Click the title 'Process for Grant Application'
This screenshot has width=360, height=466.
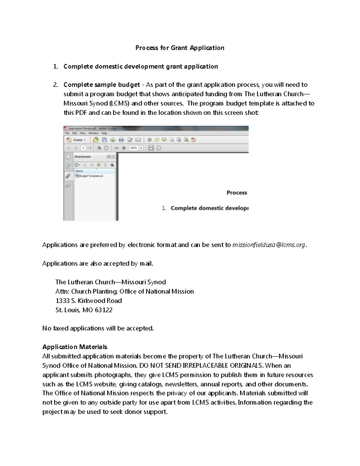[180, 48]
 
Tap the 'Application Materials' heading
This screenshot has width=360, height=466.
[75, 347]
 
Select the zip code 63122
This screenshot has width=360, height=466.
[103, 310]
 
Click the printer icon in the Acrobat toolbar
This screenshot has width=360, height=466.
[121, 140]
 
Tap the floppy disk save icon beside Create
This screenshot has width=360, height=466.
[104, 140]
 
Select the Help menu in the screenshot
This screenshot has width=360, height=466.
[104, 133]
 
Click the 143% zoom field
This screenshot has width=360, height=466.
[133, 148]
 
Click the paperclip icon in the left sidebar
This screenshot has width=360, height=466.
[68, 176]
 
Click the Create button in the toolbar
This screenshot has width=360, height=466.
[77, 140]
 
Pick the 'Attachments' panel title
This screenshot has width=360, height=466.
[82, 157]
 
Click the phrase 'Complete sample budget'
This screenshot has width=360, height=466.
[102, 85]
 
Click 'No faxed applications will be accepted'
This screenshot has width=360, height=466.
[98, 329]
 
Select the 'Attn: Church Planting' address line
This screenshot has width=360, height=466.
[86, 291]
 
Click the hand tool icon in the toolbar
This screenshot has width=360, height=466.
[106, 148]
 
